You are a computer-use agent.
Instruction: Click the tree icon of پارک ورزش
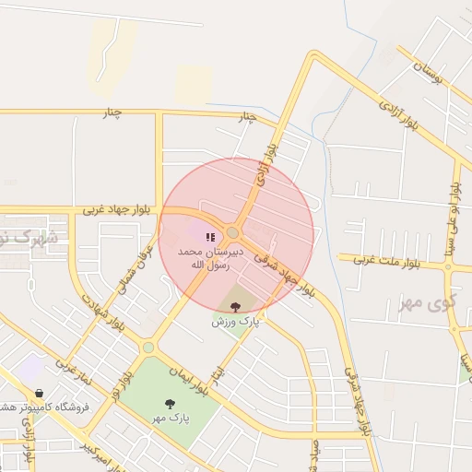click(x=236, y=307)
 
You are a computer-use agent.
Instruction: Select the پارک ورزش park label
click(x=236, y=323)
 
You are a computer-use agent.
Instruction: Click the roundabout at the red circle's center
click(x=233, y=233)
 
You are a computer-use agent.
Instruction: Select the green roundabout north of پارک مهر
click(x=147, y=347)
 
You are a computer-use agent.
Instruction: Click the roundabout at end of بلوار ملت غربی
click(x=448, y=266)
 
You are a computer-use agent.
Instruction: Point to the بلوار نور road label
click(x=121, y=385)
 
